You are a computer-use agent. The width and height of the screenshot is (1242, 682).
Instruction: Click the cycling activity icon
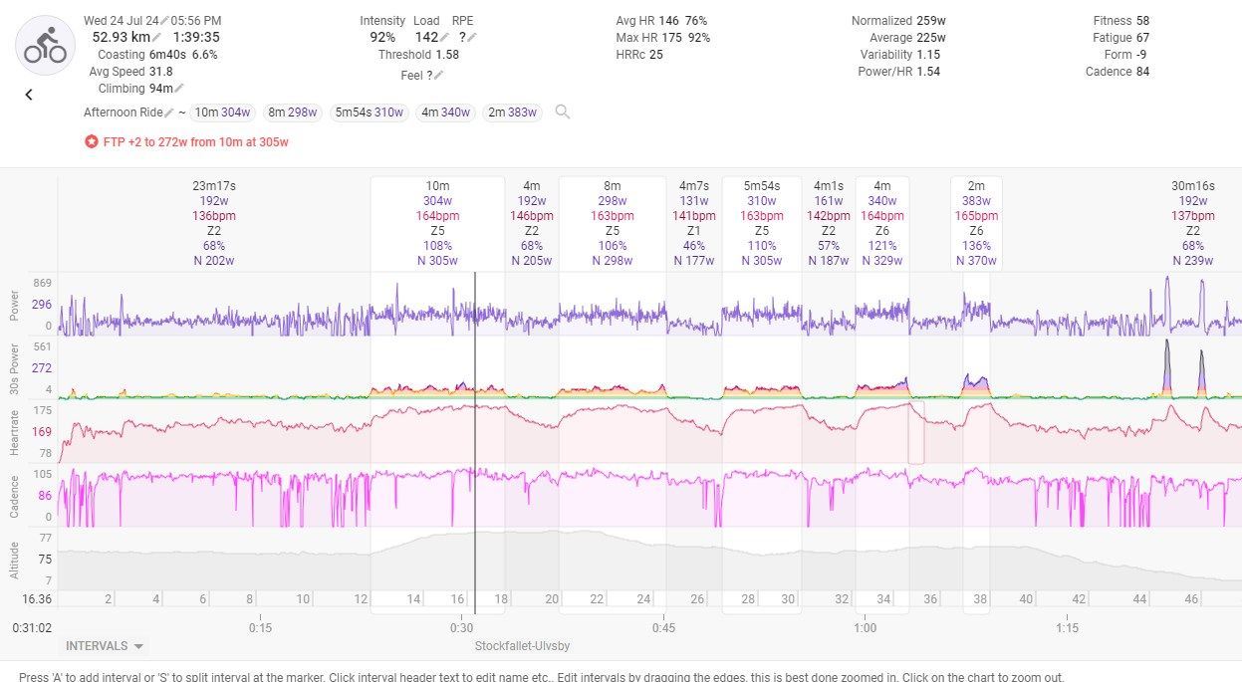coord(45,45)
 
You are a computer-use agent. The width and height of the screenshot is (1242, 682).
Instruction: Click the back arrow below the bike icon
coord(29,95)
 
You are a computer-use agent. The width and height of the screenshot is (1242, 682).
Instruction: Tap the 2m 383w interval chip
coord(512,113)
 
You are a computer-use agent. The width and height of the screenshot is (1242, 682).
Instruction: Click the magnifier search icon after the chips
coord(563,112)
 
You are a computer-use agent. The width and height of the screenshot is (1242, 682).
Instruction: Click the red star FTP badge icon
coord(91,141)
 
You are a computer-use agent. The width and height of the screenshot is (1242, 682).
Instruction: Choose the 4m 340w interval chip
coord(445,113)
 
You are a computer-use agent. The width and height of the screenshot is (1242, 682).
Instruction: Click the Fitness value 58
coord(1142,20)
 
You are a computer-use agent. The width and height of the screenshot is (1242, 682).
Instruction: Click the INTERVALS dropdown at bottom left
coord(104,646)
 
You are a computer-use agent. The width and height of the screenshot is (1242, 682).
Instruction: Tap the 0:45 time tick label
coord(663,628)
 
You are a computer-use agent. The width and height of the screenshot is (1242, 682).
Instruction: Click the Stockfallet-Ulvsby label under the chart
coord(523,646)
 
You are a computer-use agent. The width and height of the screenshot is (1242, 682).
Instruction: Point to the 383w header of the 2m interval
coord(976,200)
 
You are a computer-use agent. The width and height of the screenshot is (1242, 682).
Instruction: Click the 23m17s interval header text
coord(214,185)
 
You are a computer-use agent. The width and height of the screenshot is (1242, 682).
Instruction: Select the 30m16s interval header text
coord(1192,185)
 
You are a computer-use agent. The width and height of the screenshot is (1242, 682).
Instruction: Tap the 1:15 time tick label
coord(1067,628)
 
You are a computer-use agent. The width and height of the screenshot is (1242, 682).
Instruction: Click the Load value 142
coord(427,38)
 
